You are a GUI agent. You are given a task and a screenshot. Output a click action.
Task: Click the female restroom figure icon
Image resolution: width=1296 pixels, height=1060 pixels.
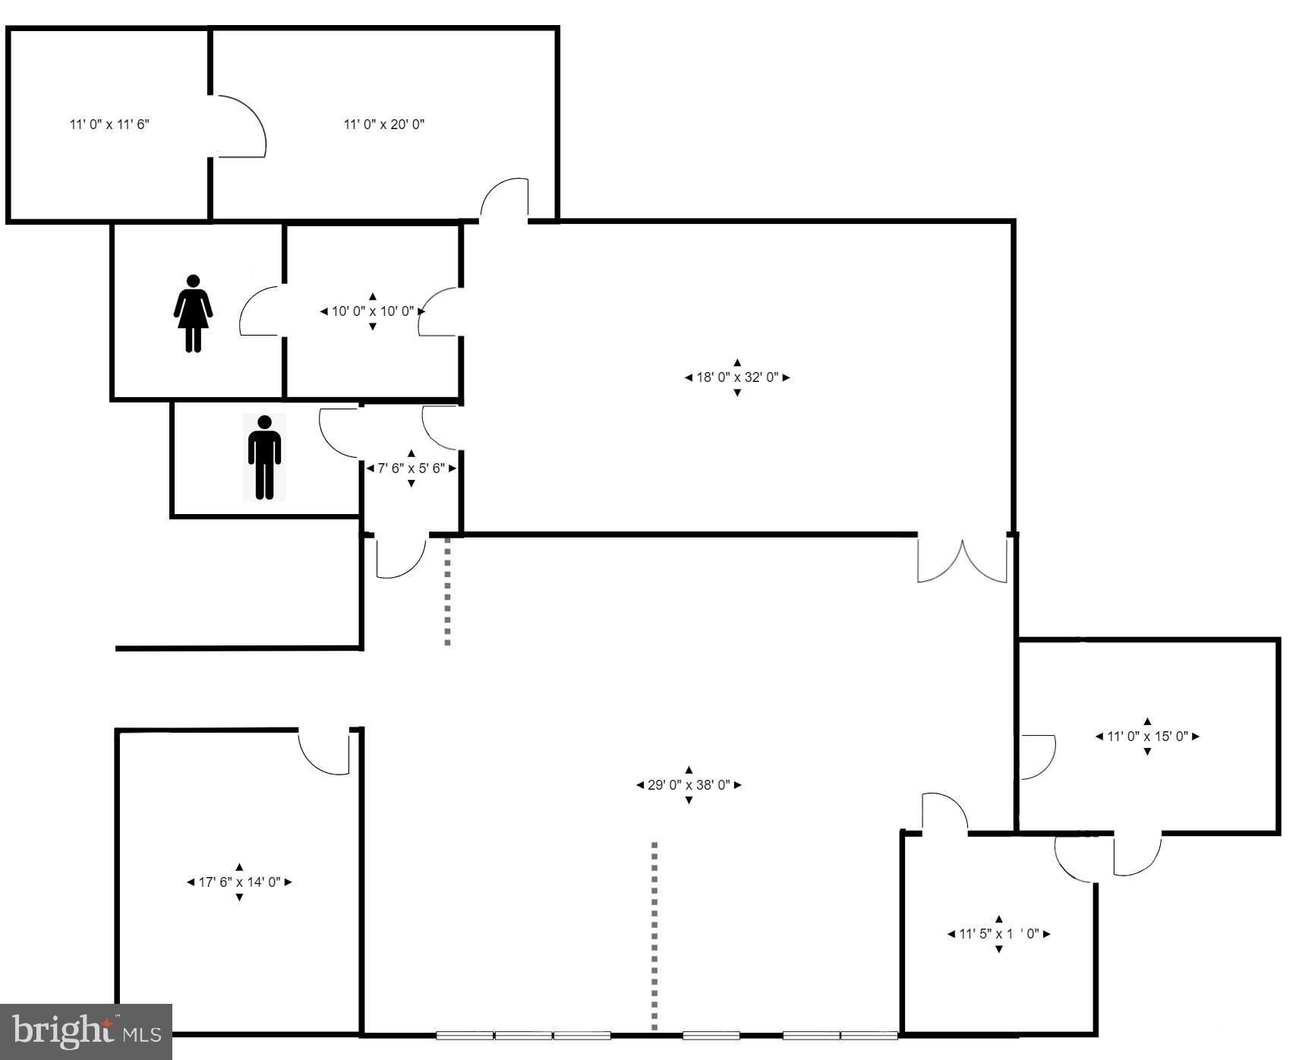(x=193, y=314)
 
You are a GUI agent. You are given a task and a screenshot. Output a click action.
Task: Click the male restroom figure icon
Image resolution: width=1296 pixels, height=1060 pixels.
(x=264, y=457)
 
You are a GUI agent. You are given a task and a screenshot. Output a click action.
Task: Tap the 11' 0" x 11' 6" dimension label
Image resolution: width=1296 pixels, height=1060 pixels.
(x=109, y=124)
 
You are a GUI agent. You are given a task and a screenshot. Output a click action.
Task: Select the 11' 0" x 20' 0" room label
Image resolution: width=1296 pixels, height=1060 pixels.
(x=384, y=124)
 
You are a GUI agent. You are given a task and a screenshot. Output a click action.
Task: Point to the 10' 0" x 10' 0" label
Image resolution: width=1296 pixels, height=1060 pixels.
(x=373, y=311)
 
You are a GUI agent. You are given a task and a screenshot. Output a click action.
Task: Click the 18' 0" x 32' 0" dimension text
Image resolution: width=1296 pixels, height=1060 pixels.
(x=737, y=377)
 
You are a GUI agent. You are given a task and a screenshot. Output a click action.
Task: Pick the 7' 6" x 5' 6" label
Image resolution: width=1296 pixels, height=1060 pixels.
(x=412, y=468)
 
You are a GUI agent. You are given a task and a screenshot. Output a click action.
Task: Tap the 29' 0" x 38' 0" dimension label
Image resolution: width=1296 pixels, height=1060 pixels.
(x=689, y=785)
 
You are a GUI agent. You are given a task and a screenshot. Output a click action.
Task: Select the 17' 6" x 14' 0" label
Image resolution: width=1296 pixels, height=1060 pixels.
(x=239, y=882)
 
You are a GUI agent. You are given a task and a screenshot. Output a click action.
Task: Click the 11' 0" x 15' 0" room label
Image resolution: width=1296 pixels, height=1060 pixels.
(x=1147, y=737)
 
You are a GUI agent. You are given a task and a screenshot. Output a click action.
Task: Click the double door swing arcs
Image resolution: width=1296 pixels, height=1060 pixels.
(x=962, y=562)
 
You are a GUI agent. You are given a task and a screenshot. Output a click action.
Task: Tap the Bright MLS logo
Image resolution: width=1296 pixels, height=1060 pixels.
(x=86, y=1031)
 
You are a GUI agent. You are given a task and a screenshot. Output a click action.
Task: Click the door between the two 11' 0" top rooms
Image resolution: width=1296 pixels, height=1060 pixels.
(x=238, y=127)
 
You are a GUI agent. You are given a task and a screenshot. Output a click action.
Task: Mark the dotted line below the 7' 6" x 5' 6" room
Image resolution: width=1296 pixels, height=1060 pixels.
(x=447, y=592)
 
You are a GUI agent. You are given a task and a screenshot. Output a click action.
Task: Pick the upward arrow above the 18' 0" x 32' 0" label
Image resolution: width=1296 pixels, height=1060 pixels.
(x=737, y=363)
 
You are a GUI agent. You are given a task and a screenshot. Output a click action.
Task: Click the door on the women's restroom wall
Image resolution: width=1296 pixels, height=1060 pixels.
(x=260, y=311)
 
